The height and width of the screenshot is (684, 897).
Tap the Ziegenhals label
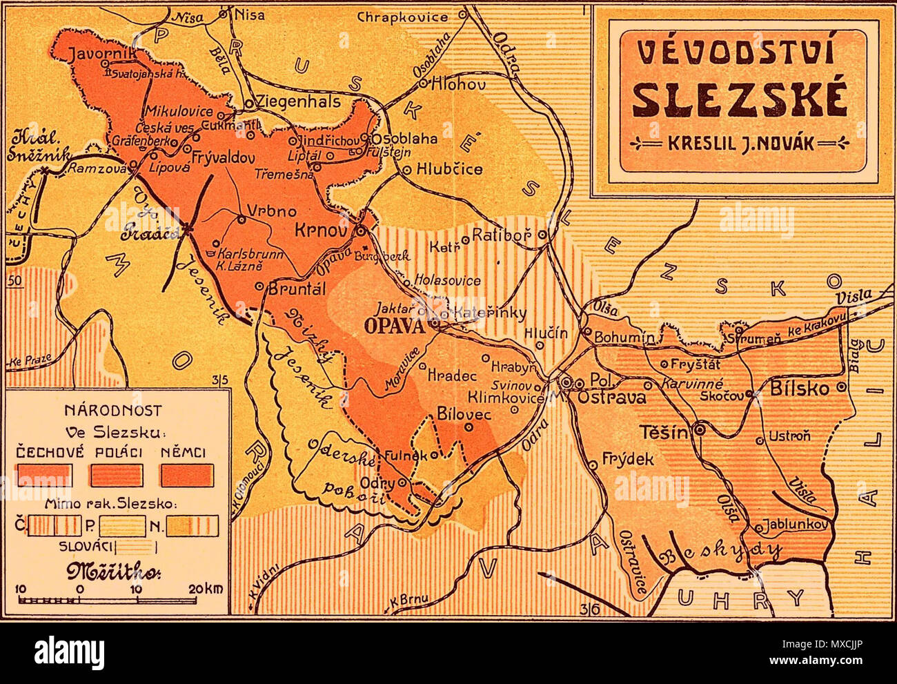coord(298,101)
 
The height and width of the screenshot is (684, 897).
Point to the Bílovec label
coord(464,414)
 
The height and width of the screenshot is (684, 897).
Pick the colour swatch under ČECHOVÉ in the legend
coord(44,475)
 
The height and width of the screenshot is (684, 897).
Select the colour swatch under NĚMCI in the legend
coord(187,475)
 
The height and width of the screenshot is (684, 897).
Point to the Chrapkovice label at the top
coord(407,15)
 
